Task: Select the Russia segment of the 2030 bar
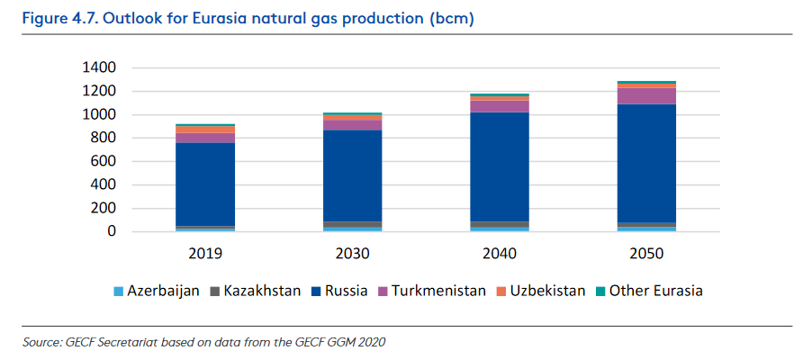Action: pos(352,175)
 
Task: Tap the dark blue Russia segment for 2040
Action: pos(499,166)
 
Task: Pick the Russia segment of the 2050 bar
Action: pos(645,163)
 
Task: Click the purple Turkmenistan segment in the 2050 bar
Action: pos(645,95)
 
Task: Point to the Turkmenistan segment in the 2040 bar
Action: pos(499,106)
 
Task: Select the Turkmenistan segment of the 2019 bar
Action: pos(205,138)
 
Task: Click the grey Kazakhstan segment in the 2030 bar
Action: pos(352,224)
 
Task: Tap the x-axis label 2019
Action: pos(205,254)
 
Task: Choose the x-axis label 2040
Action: pos(499,254)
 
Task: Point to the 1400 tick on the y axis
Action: pos(99,67)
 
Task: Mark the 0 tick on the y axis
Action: pos(113,231)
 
